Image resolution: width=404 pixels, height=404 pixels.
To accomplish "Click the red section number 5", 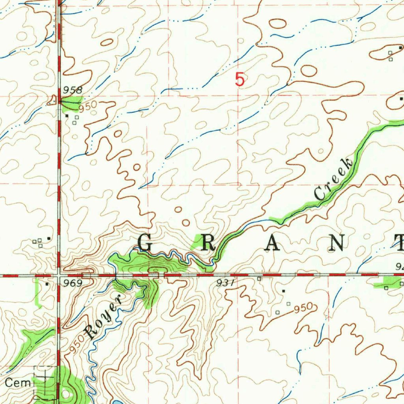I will pos(240,80).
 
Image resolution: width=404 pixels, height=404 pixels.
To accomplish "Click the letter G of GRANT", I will pos(145,243).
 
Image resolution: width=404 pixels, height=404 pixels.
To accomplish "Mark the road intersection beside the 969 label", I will pos(58,275).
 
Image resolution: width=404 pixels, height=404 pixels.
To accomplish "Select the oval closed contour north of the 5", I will pos(278,24).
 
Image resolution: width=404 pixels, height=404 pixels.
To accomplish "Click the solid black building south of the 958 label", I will pos(67,116).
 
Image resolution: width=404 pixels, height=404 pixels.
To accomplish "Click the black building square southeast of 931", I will pos(283,291).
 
